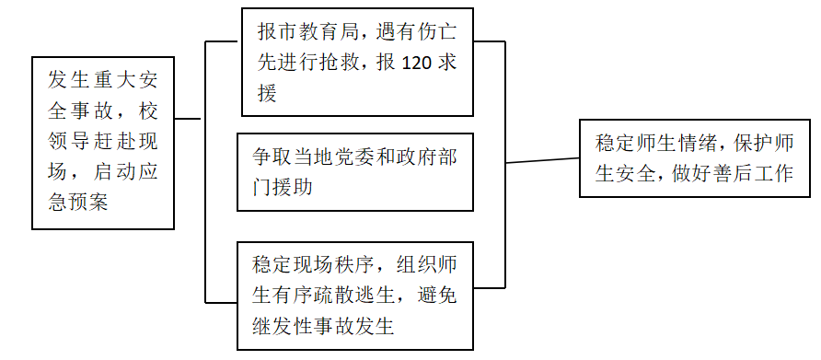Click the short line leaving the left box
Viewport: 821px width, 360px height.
pos(189,118)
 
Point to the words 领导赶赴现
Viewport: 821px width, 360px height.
pos(103,141)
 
